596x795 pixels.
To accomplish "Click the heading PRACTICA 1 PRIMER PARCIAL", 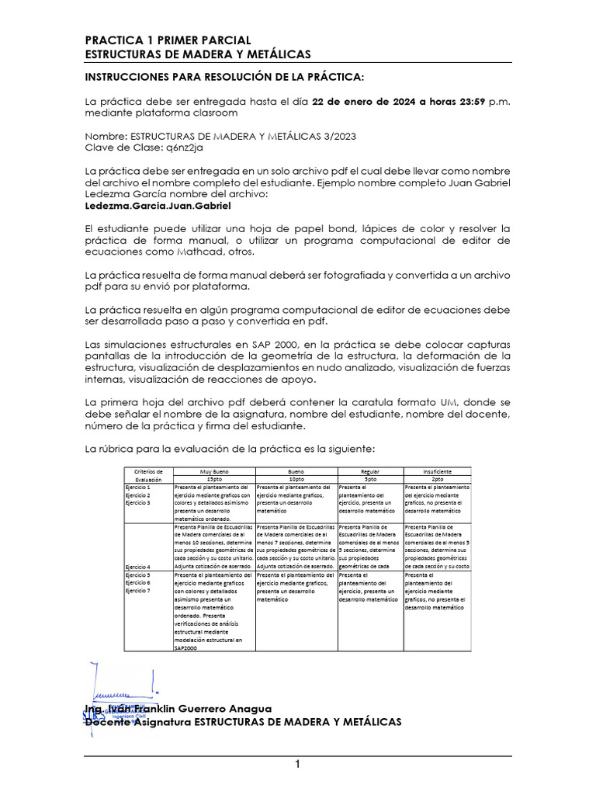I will click(x=167, y=40).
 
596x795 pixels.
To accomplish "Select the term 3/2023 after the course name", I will click(x=336, y=135).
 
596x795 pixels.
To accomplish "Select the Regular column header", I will click(x=370, y=471).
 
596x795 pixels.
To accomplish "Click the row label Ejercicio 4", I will click(x=138, y=567).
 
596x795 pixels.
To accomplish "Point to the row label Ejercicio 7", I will click(x=138, y=591).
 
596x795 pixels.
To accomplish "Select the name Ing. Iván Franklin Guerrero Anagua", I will click(x=178, y=708).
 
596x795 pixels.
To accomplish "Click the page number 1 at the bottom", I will click(x=297, y=765).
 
